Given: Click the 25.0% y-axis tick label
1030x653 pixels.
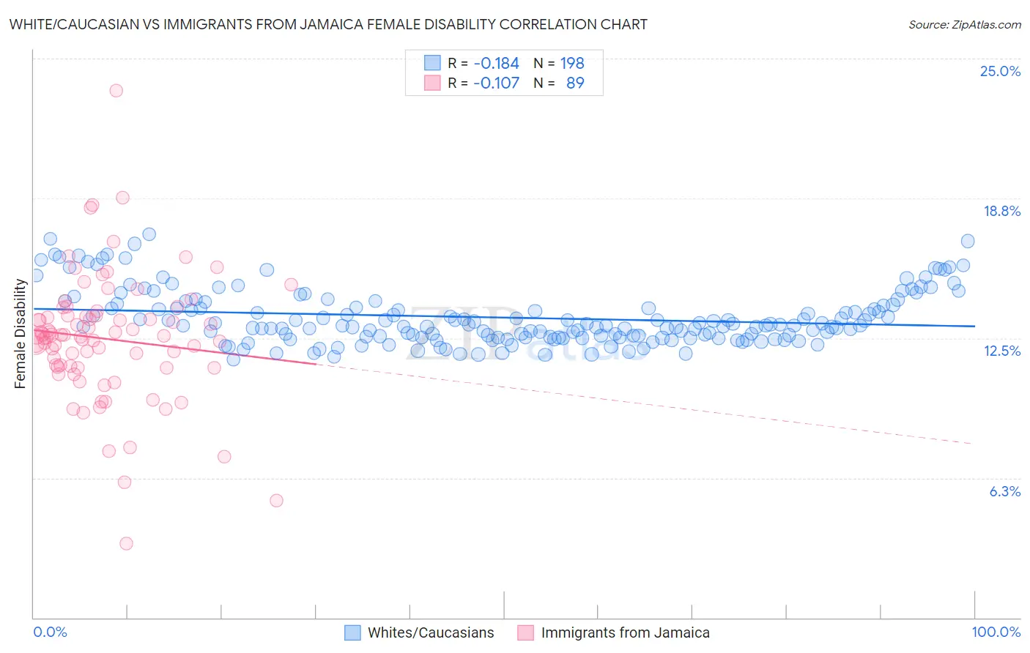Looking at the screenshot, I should coord(1000,71).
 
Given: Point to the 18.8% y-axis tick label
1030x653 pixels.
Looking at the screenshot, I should coord(1001,211).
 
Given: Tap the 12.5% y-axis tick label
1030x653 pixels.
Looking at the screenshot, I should coord(1001,351).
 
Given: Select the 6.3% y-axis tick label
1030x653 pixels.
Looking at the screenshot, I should coord(1004,491).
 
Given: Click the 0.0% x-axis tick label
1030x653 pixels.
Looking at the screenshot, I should coord(50,632).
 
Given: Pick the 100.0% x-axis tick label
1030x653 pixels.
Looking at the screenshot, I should coord(996,632).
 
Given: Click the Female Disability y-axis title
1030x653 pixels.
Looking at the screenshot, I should coord(20,334).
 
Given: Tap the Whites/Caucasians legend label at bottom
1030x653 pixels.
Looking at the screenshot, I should coord(431,633).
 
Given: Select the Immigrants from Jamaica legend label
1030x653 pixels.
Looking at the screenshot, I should coord(625,633).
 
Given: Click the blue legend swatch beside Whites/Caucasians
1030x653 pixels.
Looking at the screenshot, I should coord(352,633).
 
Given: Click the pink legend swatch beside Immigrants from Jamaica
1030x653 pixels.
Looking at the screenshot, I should coord(525,633).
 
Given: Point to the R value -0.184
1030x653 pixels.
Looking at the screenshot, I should coord(496,63).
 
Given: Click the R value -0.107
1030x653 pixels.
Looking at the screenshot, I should coord(496,83).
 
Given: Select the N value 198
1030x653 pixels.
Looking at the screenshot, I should coord(572,63).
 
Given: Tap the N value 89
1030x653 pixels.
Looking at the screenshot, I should coord(575,83).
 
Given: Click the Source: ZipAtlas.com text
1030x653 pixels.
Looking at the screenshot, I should coord(964,25).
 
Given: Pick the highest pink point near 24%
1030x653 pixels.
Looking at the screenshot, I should coord(116,91).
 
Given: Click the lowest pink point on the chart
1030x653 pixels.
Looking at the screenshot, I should coord(126,543).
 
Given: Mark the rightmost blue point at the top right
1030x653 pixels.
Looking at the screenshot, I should coord(967,241).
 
